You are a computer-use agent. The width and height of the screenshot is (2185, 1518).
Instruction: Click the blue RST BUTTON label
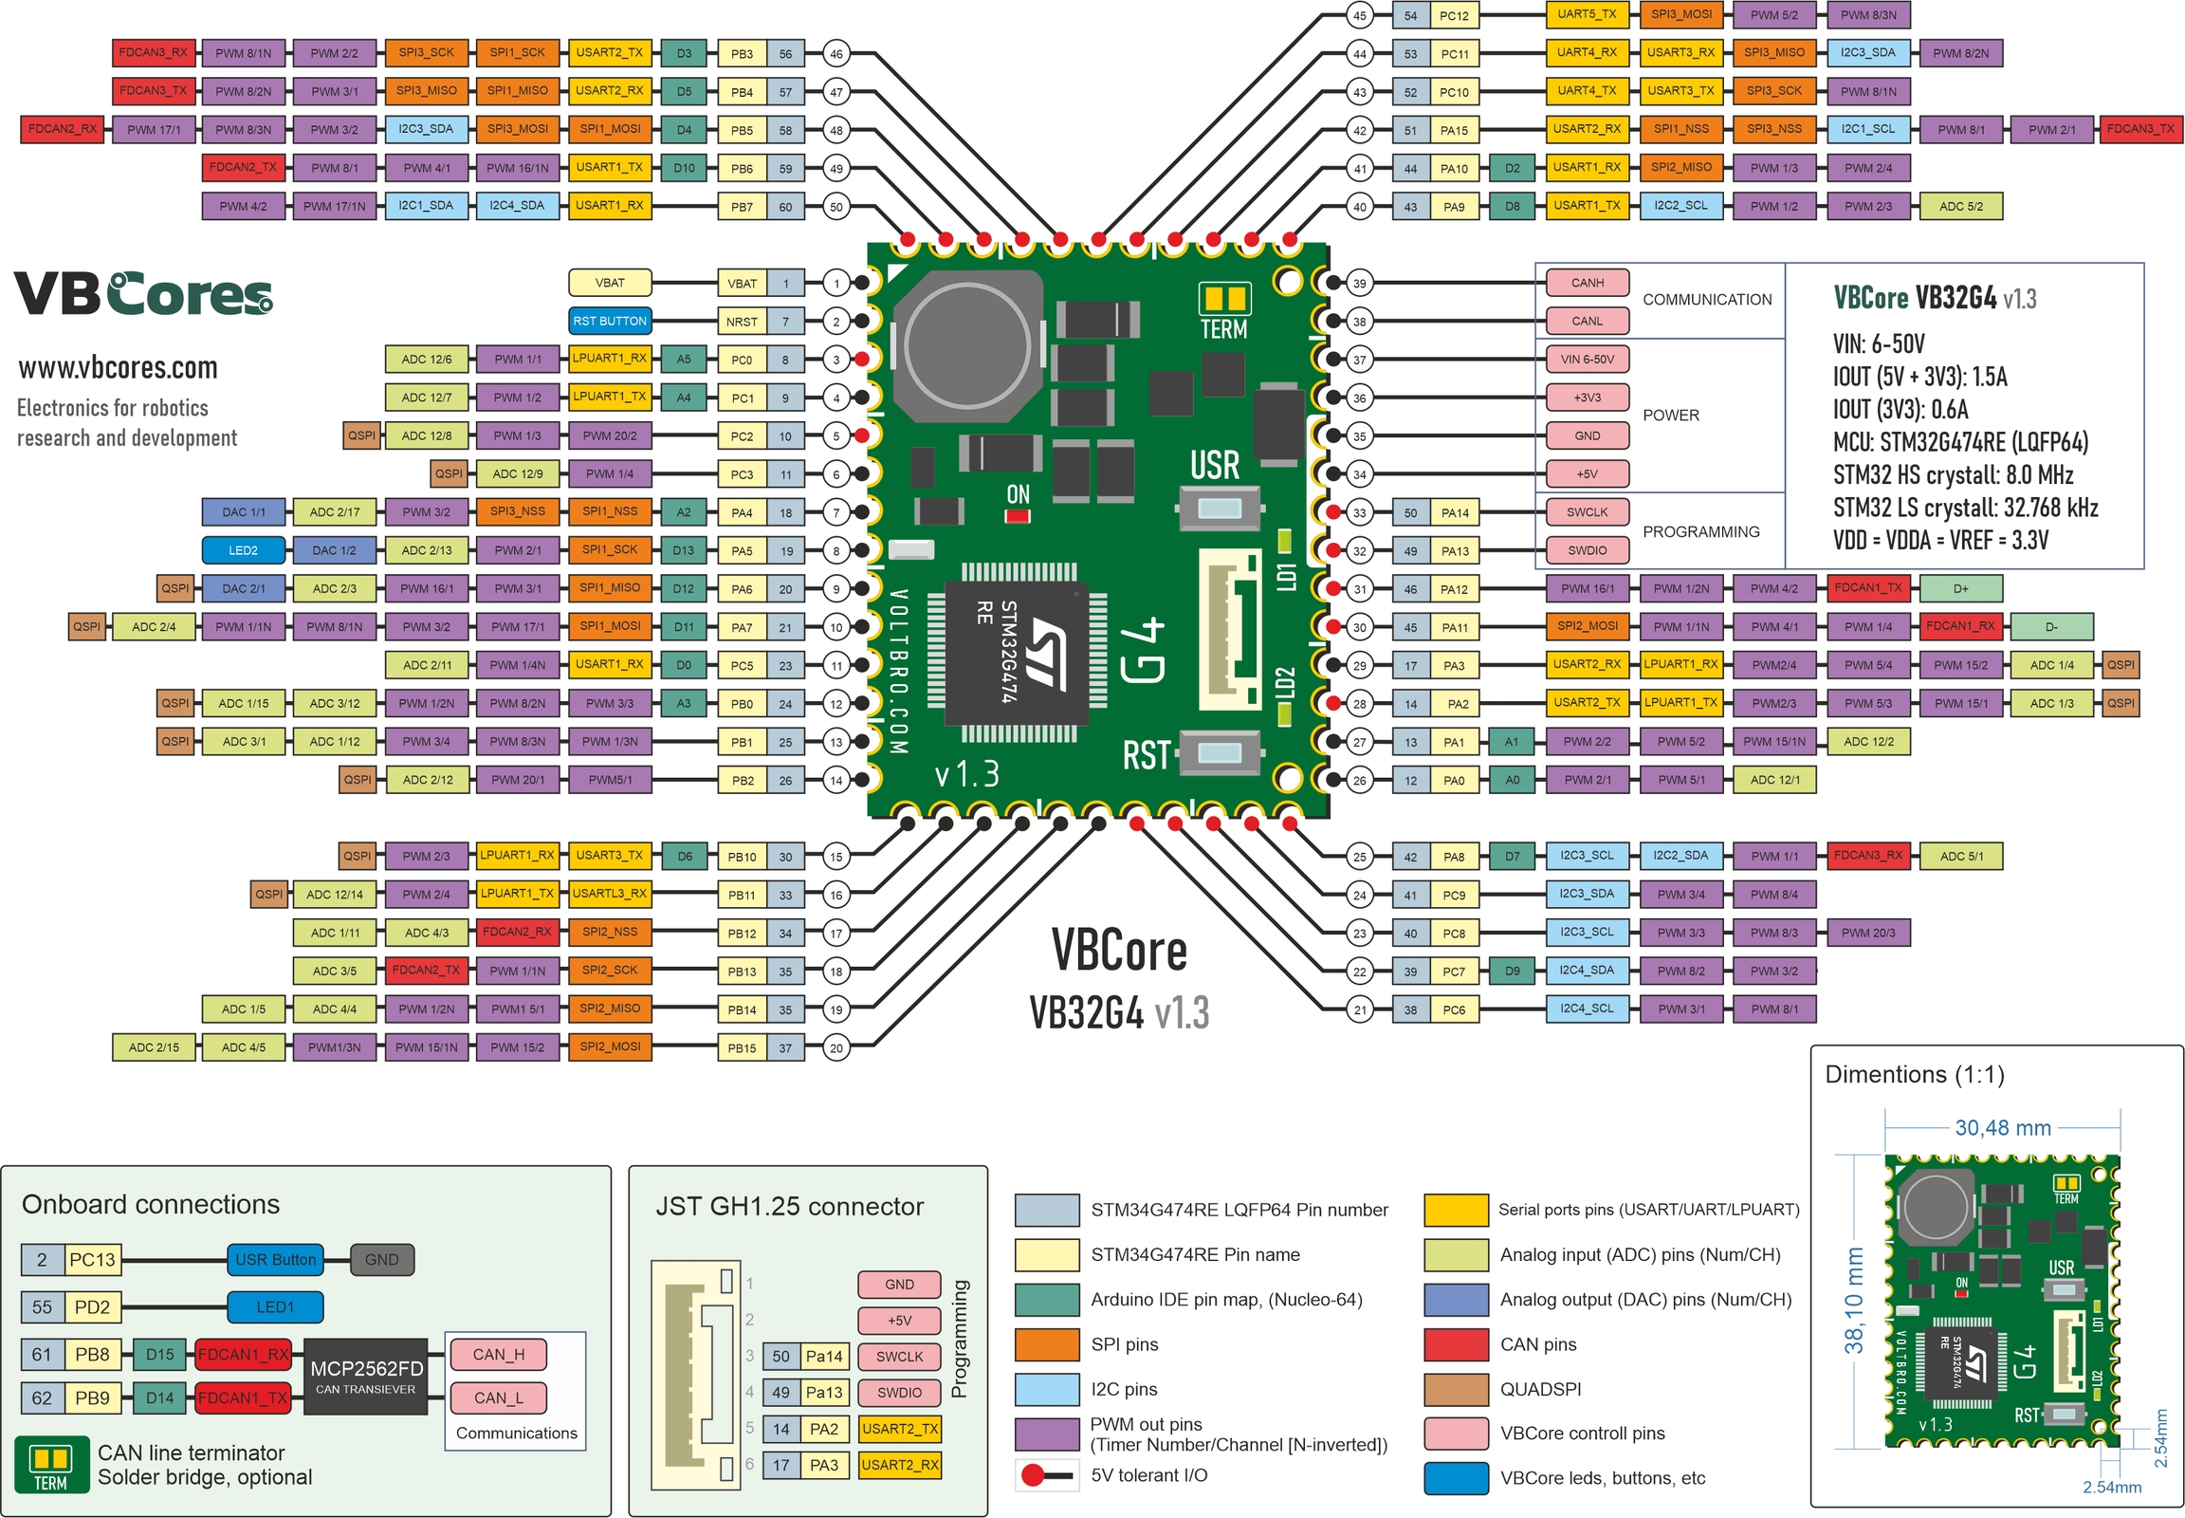coord(610,321)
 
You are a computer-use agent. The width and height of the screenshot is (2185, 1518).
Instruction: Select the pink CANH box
coord(1587,283)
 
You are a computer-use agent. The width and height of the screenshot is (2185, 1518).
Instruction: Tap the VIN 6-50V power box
coord(1587,359)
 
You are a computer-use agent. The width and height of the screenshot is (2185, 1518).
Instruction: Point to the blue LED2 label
coord(243,549)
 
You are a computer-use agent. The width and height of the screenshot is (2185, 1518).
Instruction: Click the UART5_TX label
coord(1587,14)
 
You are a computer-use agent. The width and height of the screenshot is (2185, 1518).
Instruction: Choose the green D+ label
coord(1960,588)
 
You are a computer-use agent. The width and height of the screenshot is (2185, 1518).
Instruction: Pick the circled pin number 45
coord(1360,15)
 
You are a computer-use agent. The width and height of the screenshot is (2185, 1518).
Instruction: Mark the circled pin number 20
coord(835,1048)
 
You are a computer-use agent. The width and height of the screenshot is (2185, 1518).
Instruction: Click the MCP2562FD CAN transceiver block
coord(366,1376)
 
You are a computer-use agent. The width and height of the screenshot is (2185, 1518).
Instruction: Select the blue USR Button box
coord(275,1259)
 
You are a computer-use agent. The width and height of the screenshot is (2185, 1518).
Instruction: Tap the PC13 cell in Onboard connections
coord(92,1259)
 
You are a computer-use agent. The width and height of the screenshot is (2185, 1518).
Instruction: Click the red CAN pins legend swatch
coord(1456,1344)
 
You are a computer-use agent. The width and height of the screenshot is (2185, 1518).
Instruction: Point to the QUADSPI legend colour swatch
coord(1456,1389)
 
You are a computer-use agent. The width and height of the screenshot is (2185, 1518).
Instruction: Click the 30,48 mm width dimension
coord(2002,1128)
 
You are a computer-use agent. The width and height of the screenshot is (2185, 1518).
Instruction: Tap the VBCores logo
coord(142,293)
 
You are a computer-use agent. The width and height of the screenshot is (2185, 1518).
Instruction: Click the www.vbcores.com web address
coord(118,367)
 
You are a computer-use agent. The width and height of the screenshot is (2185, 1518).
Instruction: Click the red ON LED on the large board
coord(1018,516)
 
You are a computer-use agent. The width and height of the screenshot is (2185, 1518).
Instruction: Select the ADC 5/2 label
coord(1960,207)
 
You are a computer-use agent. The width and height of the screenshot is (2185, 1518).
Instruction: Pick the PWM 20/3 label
coord(1867,932)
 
